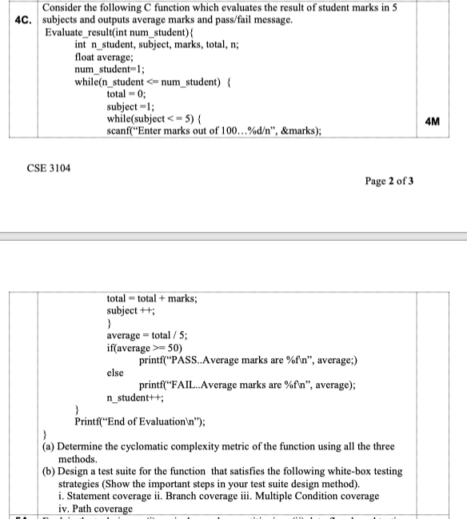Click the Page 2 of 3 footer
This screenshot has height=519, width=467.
[x=389, y=182]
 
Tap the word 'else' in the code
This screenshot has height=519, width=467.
[x=116, y=372]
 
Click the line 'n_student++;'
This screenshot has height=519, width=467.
[x=135, y=397]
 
